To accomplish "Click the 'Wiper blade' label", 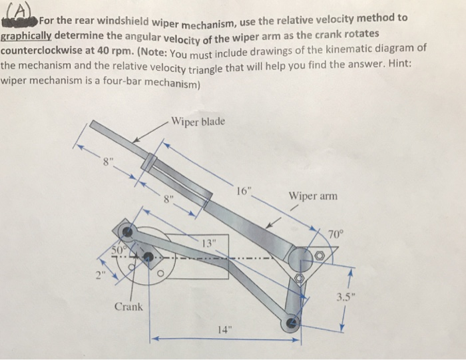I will (198, 121).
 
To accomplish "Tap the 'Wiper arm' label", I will (313, 196).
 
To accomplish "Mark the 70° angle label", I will (338, 233).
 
